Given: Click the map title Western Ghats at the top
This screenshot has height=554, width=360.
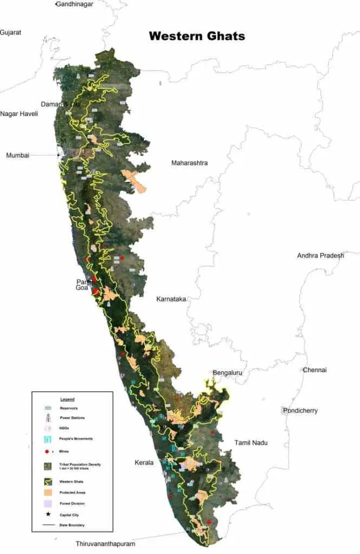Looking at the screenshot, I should pyautogui.click(x=197, y=36).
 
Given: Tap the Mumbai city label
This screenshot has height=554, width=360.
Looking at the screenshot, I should pyautogui.click(x=17, y=155).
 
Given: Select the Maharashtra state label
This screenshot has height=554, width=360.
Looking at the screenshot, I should pyautogui.click(x=189, y=163).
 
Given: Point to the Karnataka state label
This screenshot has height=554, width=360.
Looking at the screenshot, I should pyautogui.click(x=171, y=299).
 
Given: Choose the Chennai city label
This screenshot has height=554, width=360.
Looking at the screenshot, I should pyautogui.click(x=315, y=370).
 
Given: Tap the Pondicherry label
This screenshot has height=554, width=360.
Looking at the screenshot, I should pyautogui.click(x=300, y=411).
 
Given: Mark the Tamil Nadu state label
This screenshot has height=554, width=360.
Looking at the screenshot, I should pyautogui.click(x=251, y=443).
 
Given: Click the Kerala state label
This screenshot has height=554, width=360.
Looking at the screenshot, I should pyautogui.click(x=144, y=463).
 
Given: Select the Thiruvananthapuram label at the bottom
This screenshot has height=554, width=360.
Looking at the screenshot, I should pyautogui.click(x=105, y=543).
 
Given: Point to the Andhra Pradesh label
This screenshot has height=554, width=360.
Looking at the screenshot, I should pyautogui.click(x=320, y=256).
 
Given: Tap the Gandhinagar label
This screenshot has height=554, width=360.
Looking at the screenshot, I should pyautogui.click(x=74, y=4).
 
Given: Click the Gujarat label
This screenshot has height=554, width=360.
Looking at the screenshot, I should pyautogui.click(x=11, y=32).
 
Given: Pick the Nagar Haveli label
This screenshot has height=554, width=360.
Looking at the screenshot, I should pyautogui.click(x=19, y=114).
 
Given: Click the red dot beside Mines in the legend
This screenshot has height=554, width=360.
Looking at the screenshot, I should pyautogui.click(x=47, y=450).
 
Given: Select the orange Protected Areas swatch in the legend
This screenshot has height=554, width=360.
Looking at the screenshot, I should pyautogui.click(x=48, y=492).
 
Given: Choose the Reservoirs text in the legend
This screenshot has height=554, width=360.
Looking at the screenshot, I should pyautogui.click(x=69, y=407).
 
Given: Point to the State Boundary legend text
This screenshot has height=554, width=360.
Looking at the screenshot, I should pyautogui.click(x=71, y=525).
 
